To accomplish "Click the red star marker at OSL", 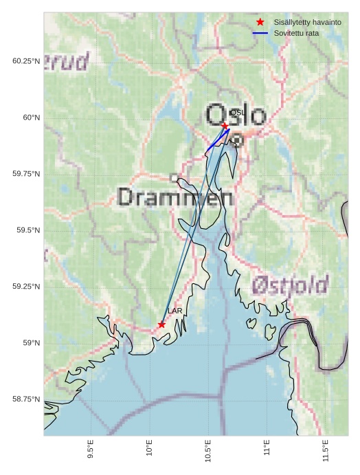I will coord(225,126).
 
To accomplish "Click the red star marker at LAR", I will coord(161,324).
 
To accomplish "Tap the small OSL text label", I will coord(237,112).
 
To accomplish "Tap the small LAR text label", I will coord(175,311).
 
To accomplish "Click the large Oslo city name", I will coord(236,115).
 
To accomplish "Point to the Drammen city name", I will coord(175,197).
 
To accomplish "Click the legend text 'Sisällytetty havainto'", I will coord(307,23).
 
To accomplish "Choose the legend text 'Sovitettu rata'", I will coord(296,33).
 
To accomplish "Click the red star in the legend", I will coord(260,23).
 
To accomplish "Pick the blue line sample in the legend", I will coord(260,33).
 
